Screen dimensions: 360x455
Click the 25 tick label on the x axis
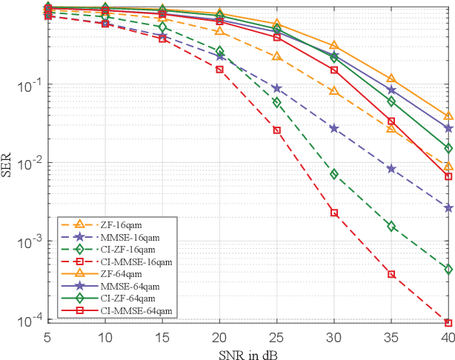pos(276,336)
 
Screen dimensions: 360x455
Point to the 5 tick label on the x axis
pos(47,336)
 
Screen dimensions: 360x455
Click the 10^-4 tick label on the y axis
pos(30,320)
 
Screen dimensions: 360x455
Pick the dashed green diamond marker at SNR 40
pos(448,269)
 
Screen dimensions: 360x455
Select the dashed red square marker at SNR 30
pos(334,213)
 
